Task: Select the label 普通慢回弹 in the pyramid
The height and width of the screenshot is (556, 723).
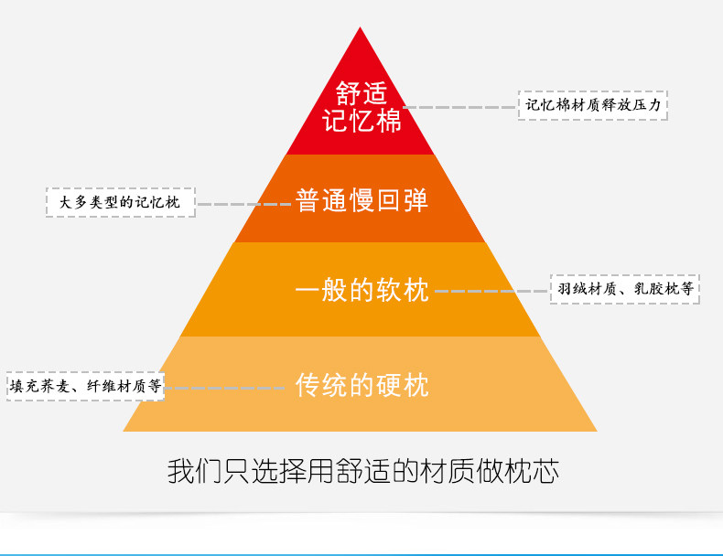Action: point(361,200)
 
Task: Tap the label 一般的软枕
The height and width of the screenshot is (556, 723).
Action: point(361,291)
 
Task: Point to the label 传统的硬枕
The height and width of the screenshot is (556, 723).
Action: point(361,385)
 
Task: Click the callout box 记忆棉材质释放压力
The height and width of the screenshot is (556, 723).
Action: point(593,105)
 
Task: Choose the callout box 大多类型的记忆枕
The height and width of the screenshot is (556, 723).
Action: point(121,202)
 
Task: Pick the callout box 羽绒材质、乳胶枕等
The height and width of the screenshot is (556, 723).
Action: point(624,290)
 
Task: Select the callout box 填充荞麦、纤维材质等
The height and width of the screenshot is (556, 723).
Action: point(85,387)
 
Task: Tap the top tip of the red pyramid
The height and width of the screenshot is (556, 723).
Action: point(361,30)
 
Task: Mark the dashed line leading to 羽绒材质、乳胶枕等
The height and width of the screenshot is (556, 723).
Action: point(491,291)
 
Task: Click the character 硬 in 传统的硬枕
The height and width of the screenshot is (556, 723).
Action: point(389,385)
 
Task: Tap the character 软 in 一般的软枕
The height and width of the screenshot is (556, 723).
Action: point(389,291)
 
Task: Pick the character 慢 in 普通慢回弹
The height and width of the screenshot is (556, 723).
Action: point(361,200)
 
